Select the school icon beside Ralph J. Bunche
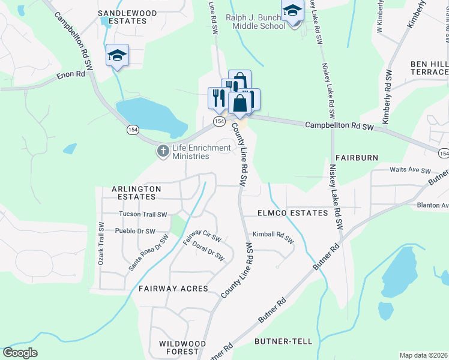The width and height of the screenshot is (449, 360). pyautogui.click(x=292, y=11)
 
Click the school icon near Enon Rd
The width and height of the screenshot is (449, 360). pyautogui.click(x=117, y=56)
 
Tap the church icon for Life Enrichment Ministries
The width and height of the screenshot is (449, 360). pyautogui.click(x=163, y=151)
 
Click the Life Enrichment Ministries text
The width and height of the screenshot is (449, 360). pyautogui.click(x=201, y=152)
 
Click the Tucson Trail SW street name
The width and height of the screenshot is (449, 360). pyautogui.click(x=143, y=214)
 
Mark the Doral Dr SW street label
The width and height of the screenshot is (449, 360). pyautogui.click(x=208, y=251)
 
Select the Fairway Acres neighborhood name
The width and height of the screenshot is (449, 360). pyautogui.click(x=173, y=289)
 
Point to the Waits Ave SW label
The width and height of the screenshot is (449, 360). pyautogui.click(x=410, y=171)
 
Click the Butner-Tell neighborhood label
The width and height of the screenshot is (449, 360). pyautogui.click(x=283, y=341)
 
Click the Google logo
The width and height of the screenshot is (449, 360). pyautogui.click(x=20, y=353)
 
